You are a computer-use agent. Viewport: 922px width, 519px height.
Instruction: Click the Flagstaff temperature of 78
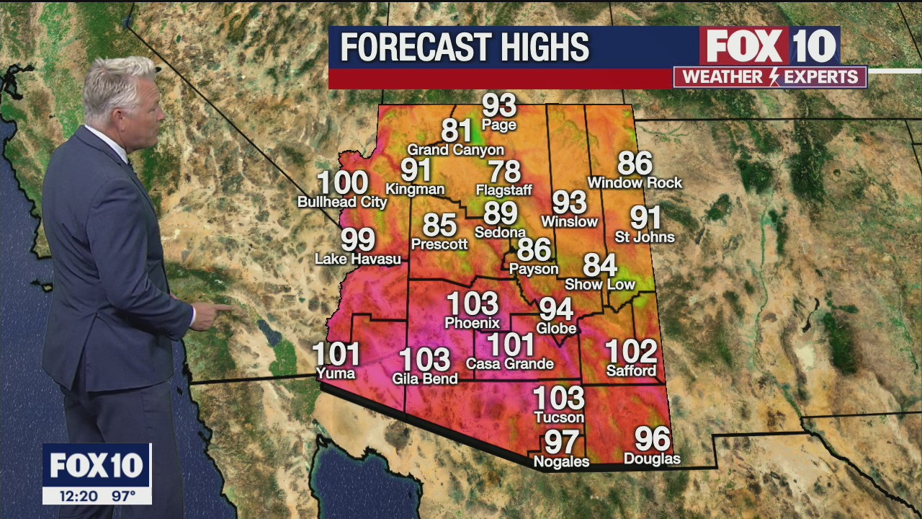pos(504,172)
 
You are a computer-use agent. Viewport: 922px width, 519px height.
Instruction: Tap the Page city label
pos(499,125)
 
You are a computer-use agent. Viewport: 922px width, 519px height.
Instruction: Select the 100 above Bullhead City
pos(342,183)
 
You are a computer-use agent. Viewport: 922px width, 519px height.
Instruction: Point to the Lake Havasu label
pos(358,259)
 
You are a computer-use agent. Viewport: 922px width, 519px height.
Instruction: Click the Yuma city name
pos(336,373)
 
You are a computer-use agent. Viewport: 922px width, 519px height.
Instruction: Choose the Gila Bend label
pos(425,378)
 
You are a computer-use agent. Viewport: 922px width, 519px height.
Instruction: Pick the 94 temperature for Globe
pos(556,309)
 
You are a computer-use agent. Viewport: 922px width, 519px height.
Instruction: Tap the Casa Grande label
pos(510,364)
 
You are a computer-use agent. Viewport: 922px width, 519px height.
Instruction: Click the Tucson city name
pos(559,417)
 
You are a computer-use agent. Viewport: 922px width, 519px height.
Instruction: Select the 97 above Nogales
pos(562,441)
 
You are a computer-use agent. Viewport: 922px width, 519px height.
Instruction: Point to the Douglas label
pos(652,459)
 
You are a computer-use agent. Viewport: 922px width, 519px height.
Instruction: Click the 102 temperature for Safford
pos(631,352)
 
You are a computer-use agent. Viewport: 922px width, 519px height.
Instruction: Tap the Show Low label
pos(600,285)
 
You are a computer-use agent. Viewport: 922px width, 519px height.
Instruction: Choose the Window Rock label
pos(635,183)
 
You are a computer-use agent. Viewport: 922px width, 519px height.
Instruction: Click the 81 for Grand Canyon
pos(456,131)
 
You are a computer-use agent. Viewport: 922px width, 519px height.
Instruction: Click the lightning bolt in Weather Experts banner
pos(775,77)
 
